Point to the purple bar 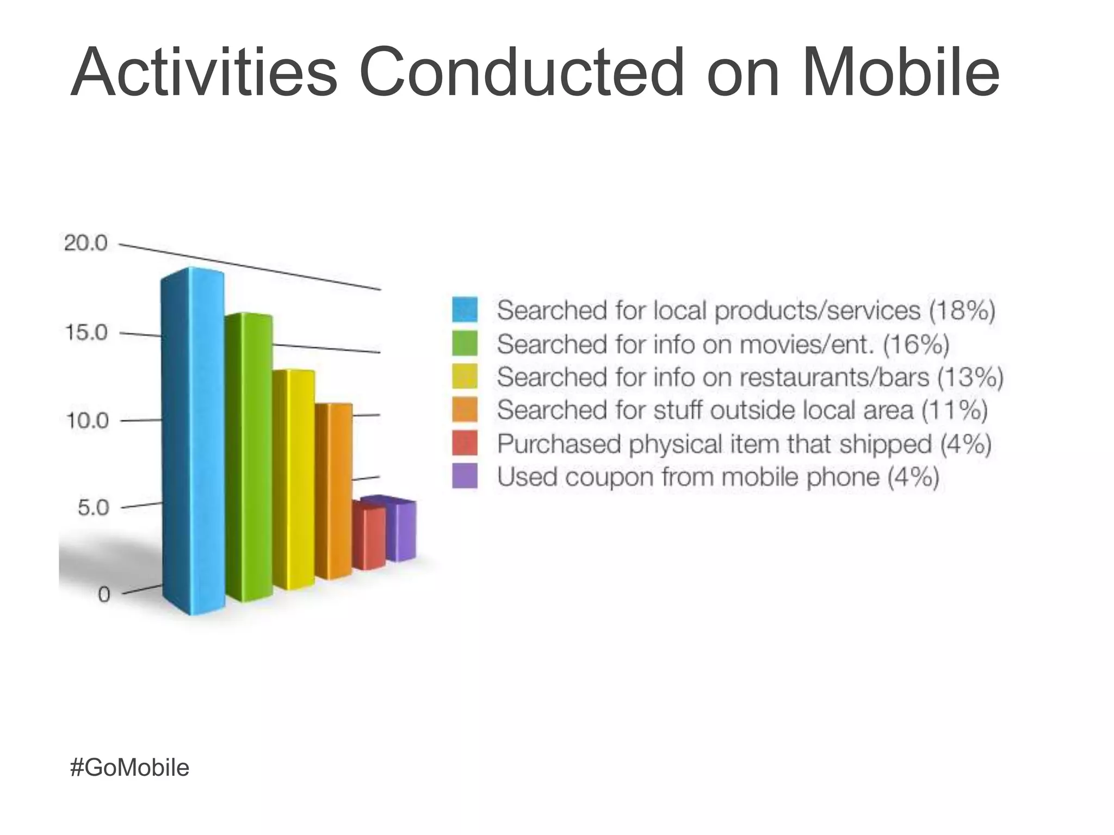tap(401, 530)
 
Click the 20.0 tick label tap(86, 243)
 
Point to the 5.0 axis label tap(93, 508)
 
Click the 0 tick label tap(104, 594)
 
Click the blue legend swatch tap(465, 310)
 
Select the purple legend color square tap(465, 477)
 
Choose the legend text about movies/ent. tap(722, 344)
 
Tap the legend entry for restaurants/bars tap(750, 377)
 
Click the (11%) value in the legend tap(954, 410)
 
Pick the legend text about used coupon tap(718, 477)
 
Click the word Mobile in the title tap(900, 72)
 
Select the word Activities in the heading tap(204, 72)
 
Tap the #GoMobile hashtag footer tap(129, 768)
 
